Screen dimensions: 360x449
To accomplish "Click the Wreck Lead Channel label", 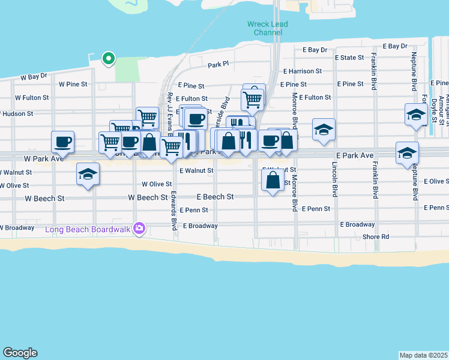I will [267, 28].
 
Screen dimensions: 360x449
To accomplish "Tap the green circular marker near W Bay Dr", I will [108, 58].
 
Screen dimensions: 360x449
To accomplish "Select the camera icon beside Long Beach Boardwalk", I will [139, 228].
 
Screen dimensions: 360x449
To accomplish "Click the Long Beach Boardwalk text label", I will [89, 229].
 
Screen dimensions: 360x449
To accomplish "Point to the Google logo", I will [20, 353].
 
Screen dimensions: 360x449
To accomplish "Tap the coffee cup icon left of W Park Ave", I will [63, 142].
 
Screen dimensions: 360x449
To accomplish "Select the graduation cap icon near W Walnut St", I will [88, 175].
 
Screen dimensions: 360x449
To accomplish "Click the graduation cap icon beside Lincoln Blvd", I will [324, 130].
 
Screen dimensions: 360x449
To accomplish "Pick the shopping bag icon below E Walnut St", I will [273, 179].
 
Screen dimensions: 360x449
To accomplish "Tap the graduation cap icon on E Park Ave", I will [407, 153].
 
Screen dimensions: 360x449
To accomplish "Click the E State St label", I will [349, 58].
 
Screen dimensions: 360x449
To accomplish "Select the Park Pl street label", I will [218, 64].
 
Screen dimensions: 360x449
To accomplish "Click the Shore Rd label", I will [376, 237].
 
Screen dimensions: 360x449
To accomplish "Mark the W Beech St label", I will [147, 197].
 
